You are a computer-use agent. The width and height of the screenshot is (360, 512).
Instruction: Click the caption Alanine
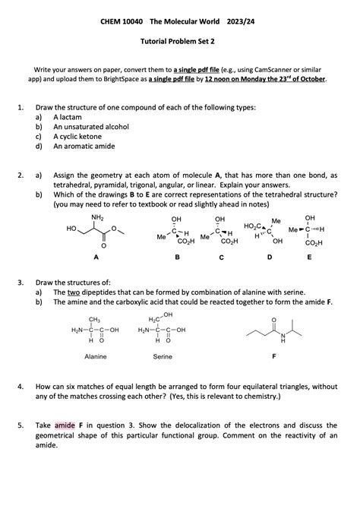coord(95,356)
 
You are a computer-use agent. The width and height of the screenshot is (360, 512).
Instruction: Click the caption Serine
coord(163,356)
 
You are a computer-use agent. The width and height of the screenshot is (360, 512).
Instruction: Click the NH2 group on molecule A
coord(97,218)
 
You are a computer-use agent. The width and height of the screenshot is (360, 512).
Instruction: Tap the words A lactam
coord(68,118)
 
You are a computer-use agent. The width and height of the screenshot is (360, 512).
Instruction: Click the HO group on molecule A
coord(72,228)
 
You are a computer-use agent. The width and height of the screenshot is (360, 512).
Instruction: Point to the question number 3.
coord(21,281)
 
